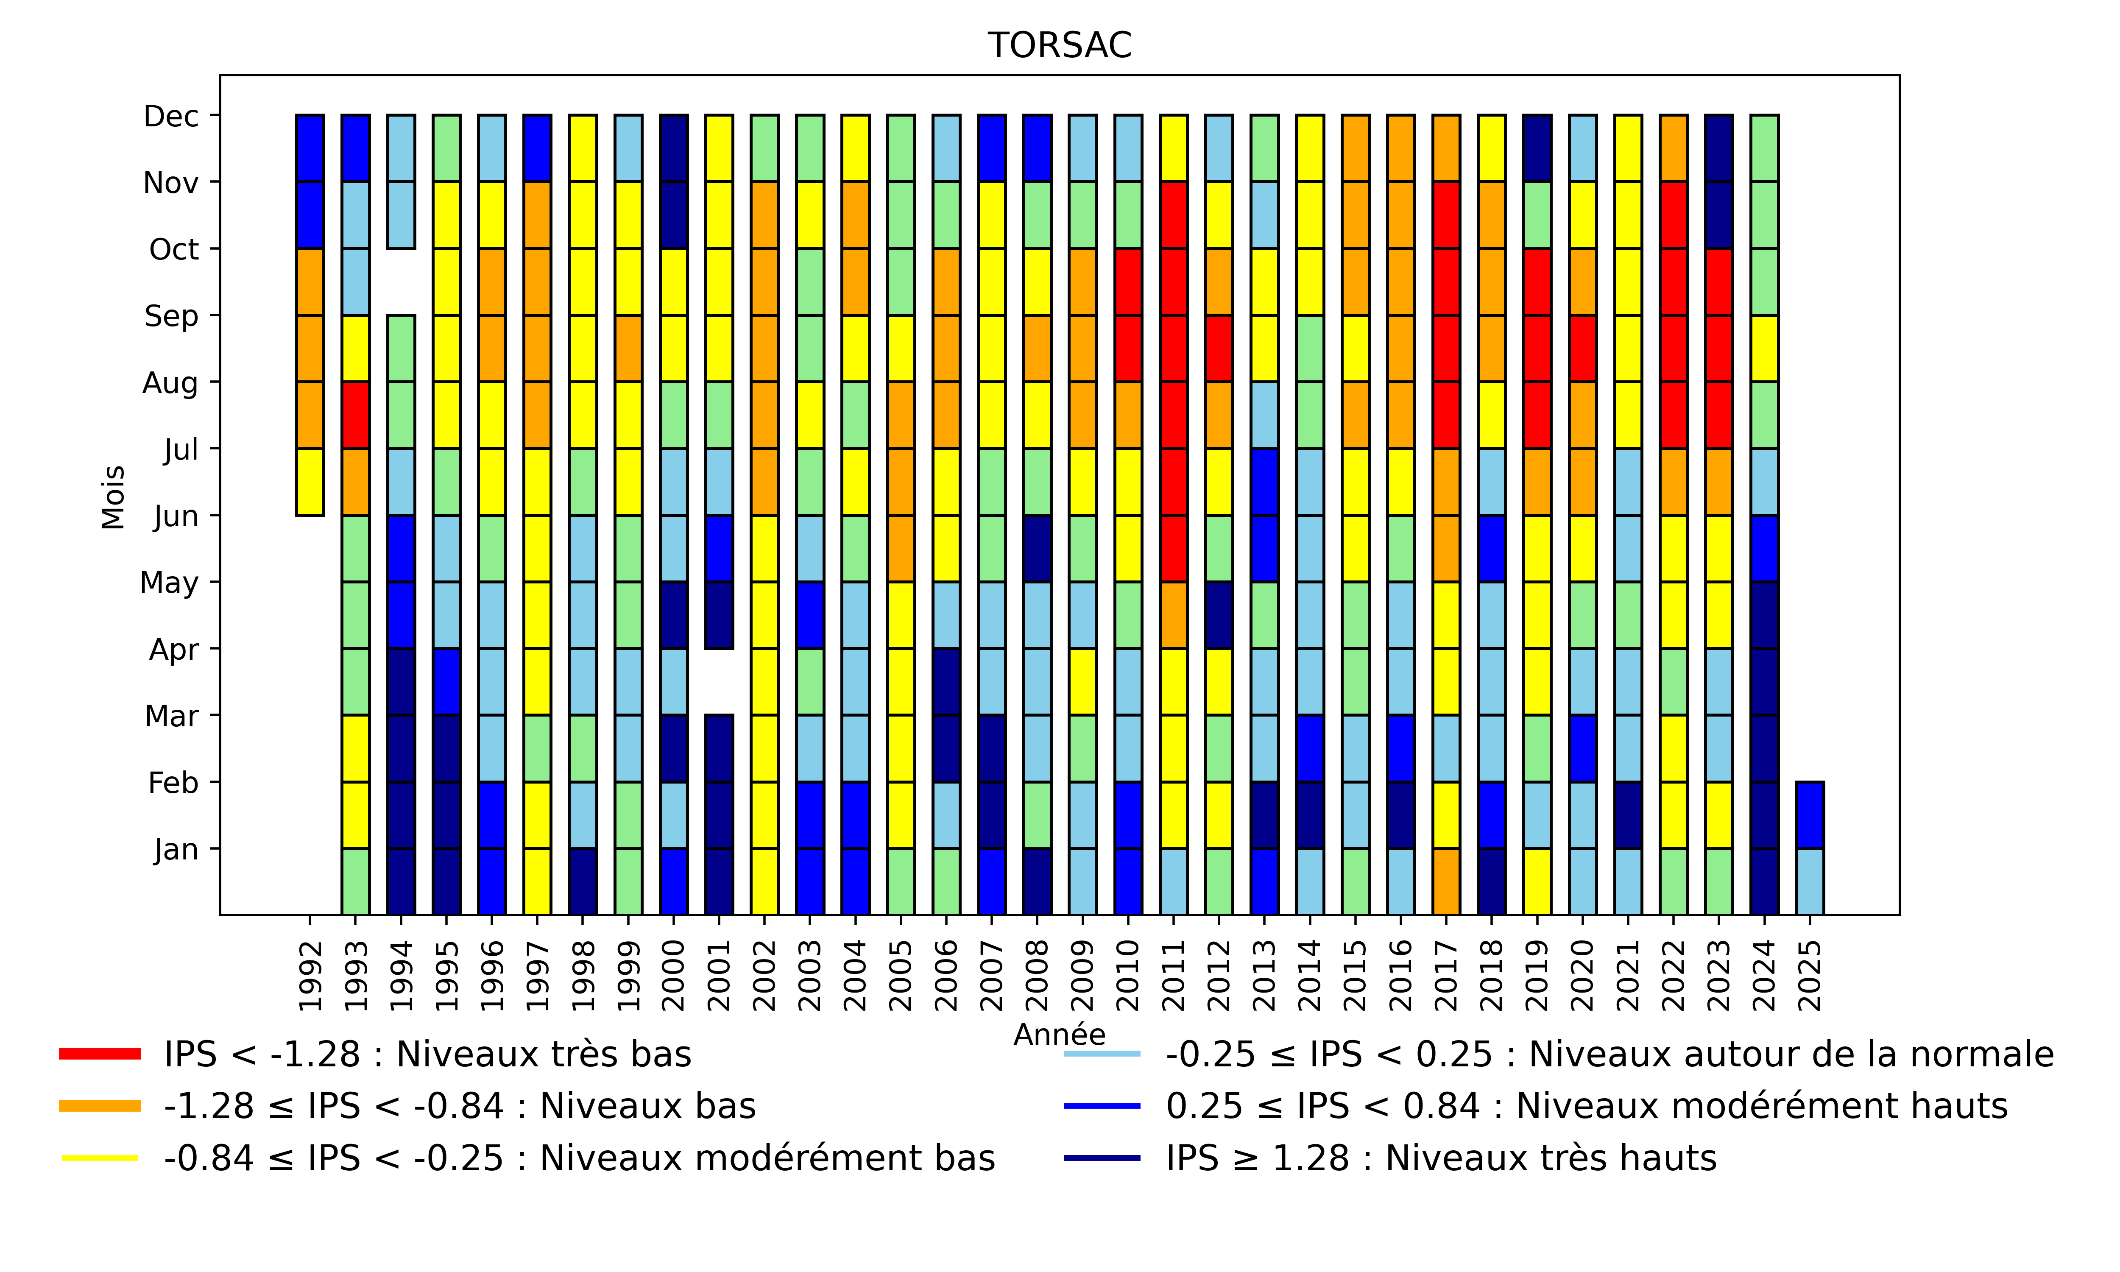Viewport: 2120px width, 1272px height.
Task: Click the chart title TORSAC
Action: pos(1059,45)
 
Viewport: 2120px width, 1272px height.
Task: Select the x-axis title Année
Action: pos(1059,1035)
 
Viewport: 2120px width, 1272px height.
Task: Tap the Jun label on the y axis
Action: pos(176,516)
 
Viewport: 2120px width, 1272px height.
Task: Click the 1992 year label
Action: pos(310,976)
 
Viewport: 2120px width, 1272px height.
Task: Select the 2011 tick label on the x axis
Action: pos(1173,976)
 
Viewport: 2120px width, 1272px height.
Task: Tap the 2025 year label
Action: pos(1809,976)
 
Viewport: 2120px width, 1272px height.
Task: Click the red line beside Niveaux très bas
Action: pos(99,1054)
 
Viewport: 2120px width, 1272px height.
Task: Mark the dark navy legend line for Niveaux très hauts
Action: pos(1102,1158)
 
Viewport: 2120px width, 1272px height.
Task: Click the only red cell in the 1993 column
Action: pos(356,415)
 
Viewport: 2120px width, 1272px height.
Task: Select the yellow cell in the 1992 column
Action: pos(310,482)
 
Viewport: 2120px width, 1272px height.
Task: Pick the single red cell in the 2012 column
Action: pos(1219,348)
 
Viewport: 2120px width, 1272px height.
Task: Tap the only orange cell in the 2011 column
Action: pos(1173,614)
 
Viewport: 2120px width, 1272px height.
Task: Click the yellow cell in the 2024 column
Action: pos(1763,348)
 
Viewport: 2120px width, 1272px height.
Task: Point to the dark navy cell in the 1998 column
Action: pos(583,881)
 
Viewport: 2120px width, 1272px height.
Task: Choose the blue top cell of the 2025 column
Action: pos(1809,814)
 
